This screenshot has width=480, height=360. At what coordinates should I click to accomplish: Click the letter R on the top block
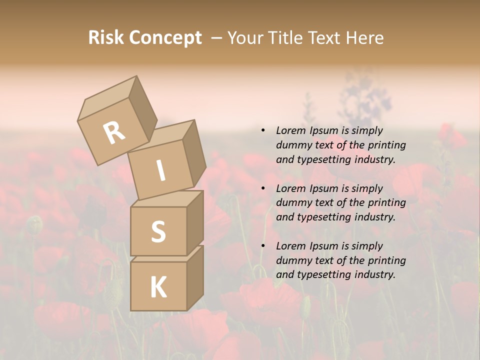click(114, 132)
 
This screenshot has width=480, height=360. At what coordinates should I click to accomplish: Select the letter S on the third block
click(158, 231)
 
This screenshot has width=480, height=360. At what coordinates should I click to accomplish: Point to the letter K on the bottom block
click(158, 287)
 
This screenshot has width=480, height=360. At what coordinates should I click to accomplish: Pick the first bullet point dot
click(263, 131)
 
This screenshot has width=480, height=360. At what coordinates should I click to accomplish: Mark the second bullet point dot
click(263, 189)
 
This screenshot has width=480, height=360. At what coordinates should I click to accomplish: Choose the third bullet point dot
click(263, 246)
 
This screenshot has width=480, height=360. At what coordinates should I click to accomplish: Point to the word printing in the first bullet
click(387, 145)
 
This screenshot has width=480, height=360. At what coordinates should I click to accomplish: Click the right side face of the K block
click(195, 277)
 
